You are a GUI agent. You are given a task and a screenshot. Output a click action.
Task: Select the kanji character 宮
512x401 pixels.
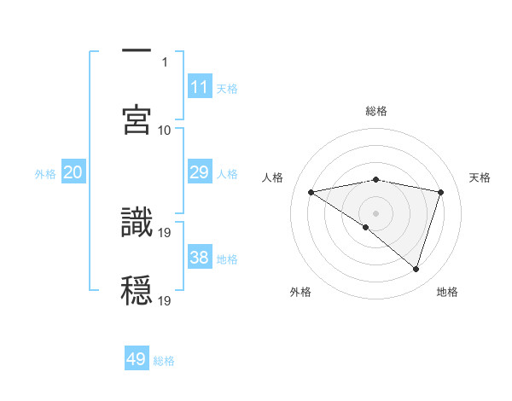[137, 119]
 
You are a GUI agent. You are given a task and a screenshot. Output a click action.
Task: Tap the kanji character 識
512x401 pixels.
[137, 222]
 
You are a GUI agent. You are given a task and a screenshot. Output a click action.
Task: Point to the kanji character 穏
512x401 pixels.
[137, 290]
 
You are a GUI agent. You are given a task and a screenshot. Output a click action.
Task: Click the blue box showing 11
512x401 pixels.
[200, 86]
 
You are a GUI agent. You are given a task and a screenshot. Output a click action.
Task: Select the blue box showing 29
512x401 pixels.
[200, 172]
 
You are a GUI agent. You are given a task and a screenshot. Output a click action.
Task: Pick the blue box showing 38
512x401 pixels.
[200, 258]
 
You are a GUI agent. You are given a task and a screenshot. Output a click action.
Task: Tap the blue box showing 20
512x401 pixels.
[73, 172]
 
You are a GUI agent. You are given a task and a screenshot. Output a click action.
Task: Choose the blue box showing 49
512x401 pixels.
[137, 359]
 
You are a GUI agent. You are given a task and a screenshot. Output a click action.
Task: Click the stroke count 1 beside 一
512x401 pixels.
[166, 61]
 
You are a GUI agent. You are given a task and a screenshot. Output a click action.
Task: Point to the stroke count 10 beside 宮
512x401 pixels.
[165, 130]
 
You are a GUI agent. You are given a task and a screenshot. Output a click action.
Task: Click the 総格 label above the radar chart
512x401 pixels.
[376, 111]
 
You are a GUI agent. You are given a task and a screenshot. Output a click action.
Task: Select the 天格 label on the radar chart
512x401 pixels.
[480, 177]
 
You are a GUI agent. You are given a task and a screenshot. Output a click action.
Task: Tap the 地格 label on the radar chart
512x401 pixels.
[447, 292]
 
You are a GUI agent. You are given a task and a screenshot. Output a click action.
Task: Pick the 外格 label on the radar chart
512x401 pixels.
[300, 292]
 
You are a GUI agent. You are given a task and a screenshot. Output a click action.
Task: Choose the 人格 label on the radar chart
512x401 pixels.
[273, 177]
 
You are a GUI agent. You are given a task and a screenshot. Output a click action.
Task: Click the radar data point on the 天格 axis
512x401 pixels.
[441, 192]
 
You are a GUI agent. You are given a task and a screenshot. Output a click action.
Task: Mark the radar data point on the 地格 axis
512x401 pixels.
[416, 270]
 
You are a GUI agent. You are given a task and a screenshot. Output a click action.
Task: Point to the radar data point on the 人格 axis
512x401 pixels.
[311, 192]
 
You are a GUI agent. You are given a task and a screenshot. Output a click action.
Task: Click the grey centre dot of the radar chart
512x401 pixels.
[376, 212]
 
